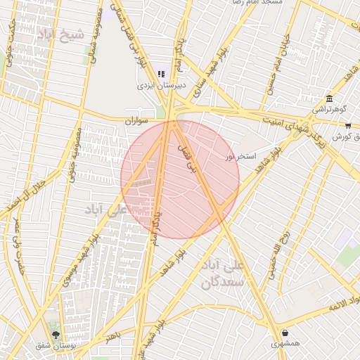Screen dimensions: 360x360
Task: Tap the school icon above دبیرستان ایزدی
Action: pyautogui.click(x=161, y=74)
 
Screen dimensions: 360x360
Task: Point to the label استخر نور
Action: pyautogui.click(x=240, y=155)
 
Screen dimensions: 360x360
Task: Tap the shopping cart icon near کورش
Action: pyautogui.click(x=348, y=125)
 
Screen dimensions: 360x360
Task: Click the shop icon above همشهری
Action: pyautogui.click(x=285, y=333)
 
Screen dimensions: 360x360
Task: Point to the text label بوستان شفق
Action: pyautogui.click(x=56, y=346)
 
